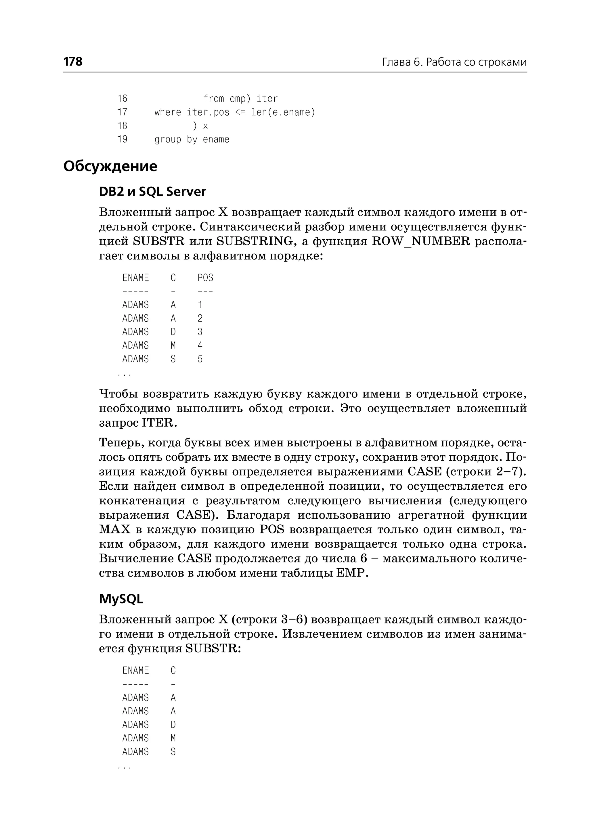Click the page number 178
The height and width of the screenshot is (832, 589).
click(x=73, y=62)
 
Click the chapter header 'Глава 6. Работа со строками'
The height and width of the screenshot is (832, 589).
click(x=454, y=62)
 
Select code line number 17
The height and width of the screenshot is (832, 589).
click(x=122, y=112)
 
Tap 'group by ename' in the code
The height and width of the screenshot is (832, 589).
click(x=192, y=140)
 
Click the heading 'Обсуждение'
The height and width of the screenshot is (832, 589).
click(x=110, y=167)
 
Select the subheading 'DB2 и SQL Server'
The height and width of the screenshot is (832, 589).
click(x=152, y=192)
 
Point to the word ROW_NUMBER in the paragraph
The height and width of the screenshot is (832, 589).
click(x=421, y=241)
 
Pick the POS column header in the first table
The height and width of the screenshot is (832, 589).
click(x=205, y=278)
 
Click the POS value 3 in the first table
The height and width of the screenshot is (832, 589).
click(x=200, y=332)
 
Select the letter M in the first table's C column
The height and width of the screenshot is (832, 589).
click(x=173, y=346)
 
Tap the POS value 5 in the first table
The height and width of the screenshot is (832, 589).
click(x=200, y=359)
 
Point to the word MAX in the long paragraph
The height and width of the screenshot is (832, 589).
click(x=115, y=529)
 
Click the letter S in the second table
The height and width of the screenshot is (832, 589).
click(x=173, y=752)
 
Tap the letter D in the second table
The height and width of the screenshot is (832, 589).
click(x=173, y=725)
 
